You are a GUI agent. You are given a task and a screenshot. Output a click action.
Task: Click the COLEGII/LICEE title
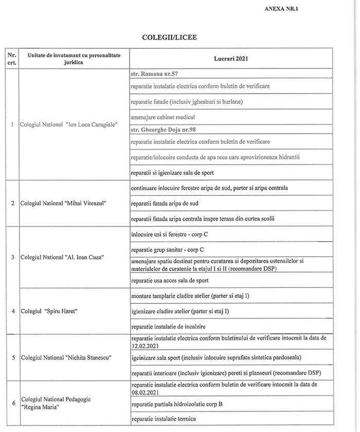pos(169,38)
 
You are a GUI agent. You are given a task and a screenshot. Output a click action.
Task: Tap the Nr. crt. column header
pos(11,58)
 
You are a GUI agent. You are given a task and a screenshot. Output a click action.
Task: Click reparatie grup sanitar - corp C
pos(168,249)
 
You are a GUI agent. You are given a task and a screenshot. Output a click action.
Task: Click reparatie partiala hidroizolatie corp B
pos(177,405)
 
